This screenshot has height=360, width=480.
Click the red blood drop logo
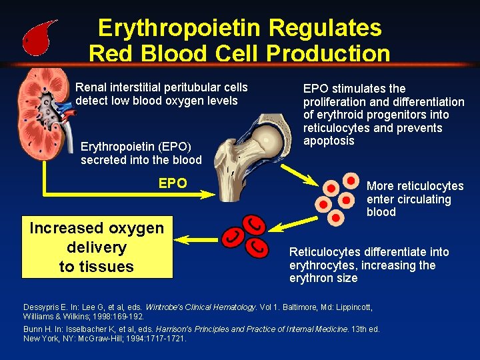(x=39, y=39)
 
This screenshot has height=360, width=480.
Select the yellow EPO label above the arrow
(x=173, y=183)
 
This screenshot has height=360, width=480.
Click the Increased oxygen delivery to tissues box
(x=97, y=247)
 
